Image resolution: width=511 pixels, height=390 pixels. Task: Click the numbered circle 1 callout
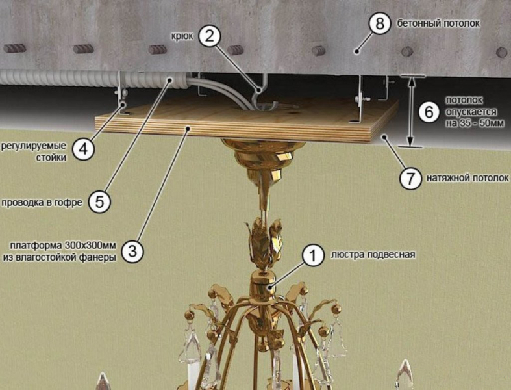point(313,255)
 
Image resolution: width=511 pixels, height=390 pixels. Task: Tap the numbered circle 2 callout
point(210,36)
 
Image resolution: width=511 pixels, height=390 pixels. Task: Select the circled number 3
point(132,252)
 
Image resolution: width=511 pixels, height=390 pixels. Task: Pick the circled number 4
point(83,149)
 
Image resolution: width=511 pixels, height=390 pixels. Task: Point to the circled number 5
point(99,202)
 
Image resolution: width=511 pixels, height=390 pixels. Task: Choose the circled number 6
point(429,112)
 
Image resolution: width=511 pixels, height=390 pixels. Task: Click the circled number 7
point(410,179)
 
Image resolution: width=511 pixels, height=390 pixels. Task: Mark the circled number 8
point(380,24)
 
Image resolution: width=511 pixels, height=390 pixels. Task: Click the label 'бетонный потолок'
point(438,23)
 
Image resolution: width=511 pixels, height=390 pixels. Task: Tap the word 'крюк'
point(182,36)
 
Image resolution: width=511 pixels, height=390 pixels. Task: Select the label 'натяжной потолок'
point(467,178)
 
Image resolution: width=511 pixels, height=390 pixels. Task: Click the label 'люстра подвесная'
point(373,255)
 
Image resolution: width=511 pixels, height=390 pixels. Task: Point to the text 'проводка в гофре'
point(42,203)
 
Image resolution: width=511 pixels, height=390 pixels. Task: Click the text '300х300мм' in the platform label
point(90,245)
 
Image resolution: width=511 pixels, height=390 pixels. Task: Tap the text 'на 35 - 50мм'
point(475,123)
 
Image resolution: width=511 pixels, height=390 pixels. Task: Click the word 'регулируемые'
point(34,146)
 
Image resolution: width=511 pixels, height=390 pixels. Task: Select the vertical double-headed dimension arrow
point(411,111)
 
